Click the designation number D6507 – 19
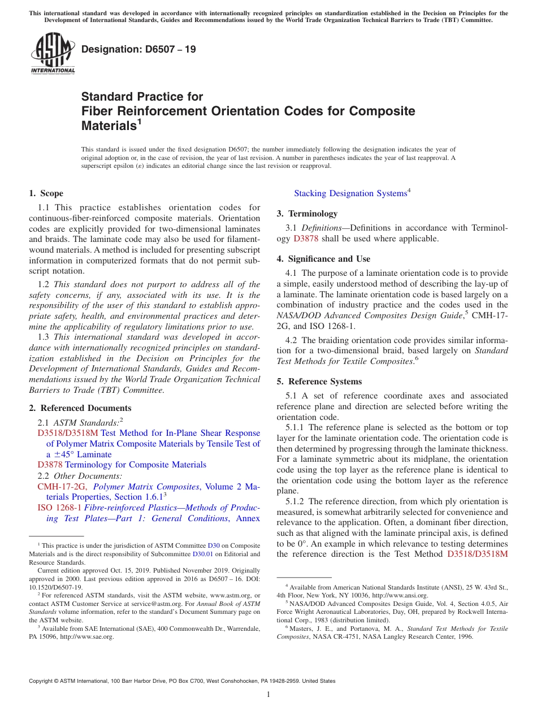coord(138,49)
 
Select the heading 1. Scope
coord(46,193)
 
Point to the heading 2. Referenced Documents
coord(80,408)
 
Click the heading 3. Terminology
coord(307,214)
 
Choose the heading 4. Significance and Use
coord(323,259)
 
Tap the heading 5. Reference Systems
coord(319,382)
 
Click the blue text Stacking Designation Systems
coord(350,193)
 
